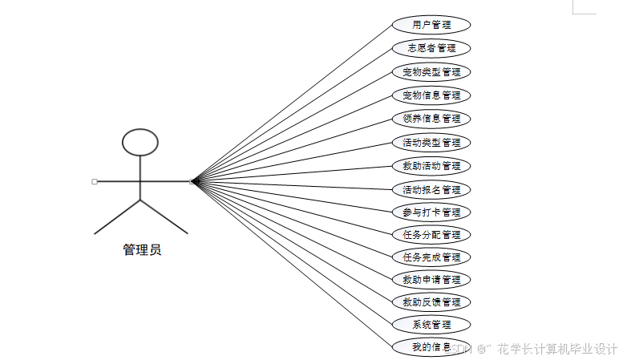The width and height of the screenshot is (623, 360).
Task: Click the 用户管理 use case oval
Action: (431, 25)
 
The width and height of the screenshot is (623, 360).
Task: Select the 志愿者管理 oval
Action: (431, 48)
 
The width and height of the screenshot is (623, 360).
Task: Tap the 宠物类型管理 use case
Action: (431, 72)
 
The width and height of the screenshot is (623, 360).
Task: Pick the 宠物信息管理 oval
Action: (431, 95)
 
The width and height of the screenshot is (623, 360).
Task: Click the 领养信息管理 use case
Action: (431, 119)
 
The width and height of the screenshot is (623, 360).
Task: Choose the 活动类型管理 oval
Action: (431, 143)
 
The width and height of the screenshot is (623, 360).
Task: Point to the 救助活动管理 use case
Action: (431, 166)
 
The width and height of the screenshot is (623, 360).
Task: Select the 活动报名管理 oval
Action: (431, 190)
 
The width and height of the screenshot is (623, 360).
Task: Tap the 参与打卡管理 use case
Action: (431, 212)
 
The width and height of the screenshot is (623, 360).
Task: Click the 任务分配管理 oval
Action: (431, 235)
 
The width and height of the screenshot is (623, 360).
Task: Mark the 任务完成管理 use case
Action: (431, 257)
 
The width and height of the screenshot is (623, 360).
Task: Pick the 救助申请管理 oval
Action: (431, 280)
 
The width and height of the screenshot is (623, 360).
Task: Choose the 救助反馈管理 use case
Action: (431, 302)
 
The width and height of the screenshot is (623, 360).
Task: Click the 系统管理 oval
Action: (431, 325)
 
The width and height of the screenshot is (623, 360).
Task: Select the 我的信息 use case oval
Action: (430, 347)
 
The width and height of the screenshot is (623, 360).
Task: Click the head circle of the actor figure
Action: (140, 142)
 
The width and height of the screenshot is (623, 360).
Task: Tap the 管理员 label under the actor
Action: (142, 250)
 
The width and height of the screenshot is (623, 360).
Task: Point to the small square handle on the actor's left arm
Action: (95, 182)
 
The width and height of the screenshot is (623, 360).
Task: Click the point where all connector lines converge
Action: (192, 182)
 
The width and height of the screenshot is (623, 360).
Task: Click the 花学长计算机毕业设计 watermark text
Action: (556, 350)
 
